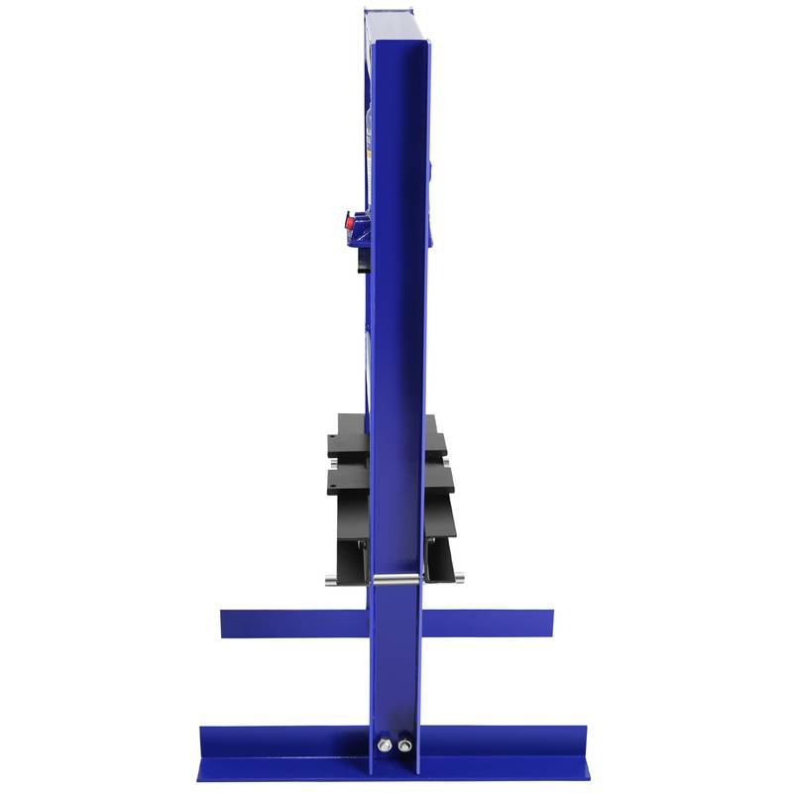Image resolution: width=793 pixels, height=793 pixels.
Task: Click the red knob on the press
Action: [x=349, y=222]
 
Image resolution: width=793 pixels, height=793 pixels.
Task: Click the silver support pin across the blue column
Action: [x=396, y=579]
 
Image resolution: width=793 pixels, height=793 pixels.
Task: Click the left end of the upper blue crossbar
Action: [x=226, y=623]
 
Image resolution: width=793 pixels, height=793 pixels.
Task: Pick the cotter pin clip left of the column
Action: [x=362, y=546]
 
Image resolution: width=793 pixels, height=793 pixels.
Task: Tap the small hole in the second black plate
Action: [x=332, y=485]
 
